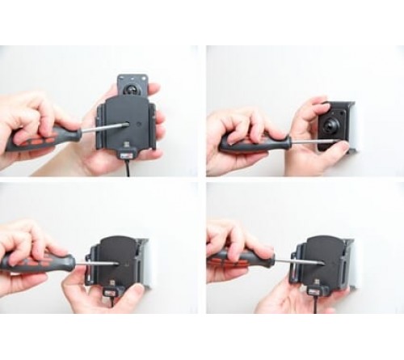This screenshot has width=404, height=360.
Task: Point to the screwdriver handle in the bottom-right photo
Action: (239, 260)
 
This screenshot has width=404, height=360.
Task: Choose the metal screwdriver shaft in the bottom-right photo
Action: (299, 260)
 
